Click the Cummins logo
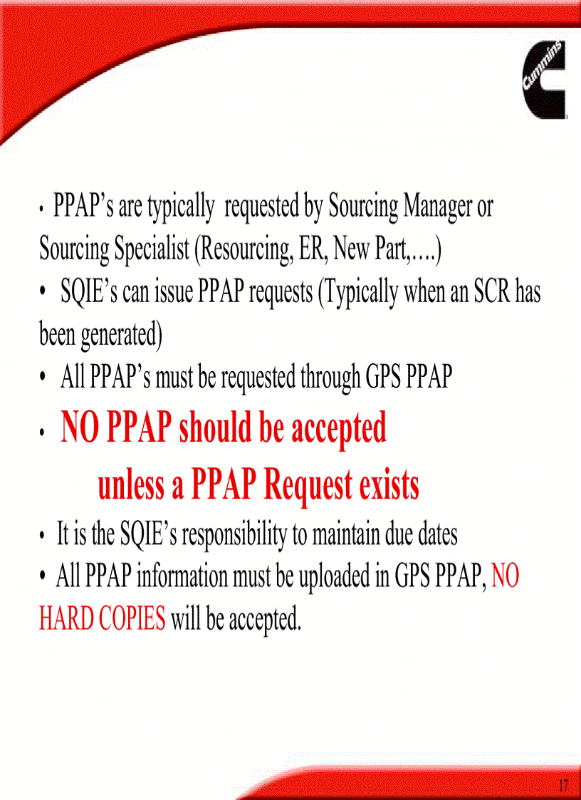[x=544, y=79]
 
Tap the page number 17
[x=563, y=786]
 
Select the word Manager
[x=438, y=207]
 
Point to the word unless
[x=131, y=486]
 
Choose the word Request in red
[x=307, y=486]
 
